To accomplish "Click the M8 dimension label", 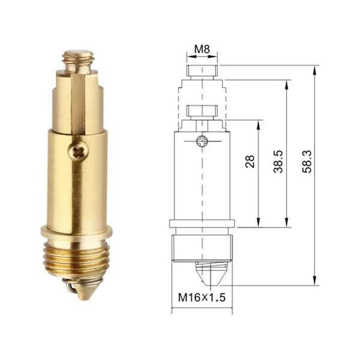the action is (202, 49).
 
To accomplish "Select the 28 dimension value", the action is (250, 161).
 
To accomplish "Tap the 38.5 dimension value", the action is (278, 161).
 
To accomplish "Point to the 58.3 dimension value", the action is (307, 161).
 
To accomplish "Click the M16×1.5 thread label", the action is (202, 298).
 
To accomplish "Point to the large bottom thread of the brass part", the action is (77, 259).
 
